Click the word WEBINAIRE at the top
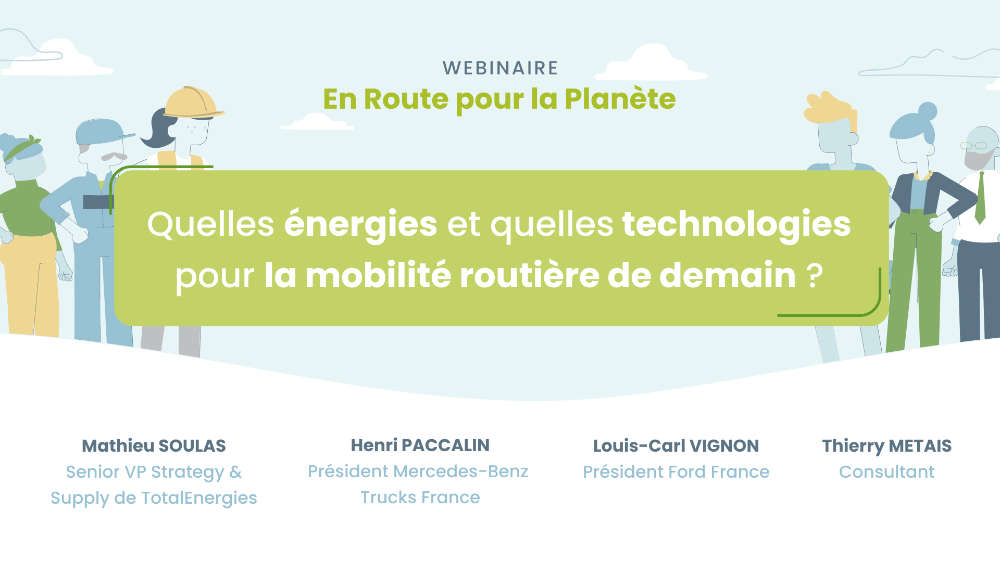click(x=500, y=68)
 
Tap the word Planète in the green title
click(x=620, y=99)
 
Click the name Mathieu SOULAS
click(x=154, y=446)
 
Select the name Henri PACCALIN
click(x=420, y=445)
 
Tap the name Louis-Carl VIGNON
click(x=676, y=446)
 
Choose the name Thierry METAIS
click(x=886, y=446)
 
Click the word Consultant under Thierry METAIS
click(x=886, y=472)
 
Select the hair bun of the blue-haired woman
click(x=928, y=111)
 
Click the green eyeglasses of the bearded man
click(x=973, y=146)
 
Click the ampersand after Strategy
click(x=235, y=472)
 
